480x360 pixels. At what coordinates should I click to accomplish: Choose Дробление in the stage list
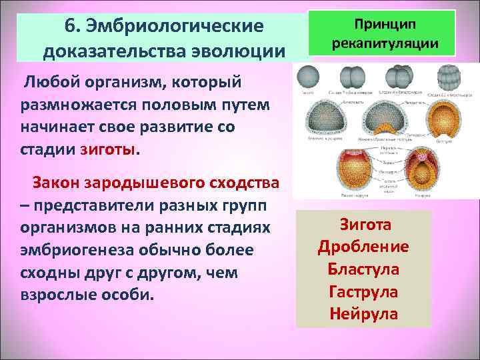[364, 246]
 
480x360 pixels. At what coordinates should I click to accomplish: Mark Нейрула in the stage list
[364, 313]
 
